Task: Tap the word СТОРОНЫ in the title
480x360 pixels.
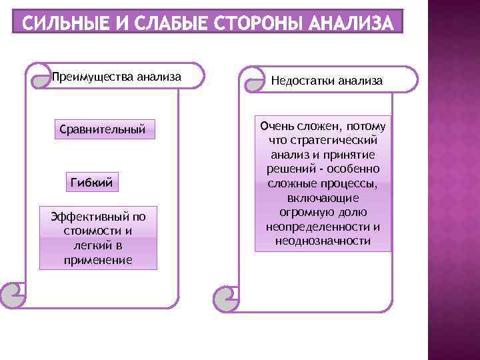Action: pyautogui.click(x=251, y=24)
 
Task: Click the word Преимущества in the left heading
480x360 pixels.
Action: pyautogui.click(x=85, y=77)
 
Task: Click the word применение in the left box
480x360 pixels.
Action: pyautogui.click(x=98, y=260)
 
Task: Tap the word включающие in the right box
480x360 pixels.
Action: pyautogui.click(x=323, y=198)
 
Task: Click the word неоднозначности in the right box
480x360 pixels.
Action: pyautogui.click(x=323, y=241)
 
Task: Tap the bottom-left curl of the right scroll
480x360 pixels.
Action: pyautogui.click(x=225, y=295)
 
